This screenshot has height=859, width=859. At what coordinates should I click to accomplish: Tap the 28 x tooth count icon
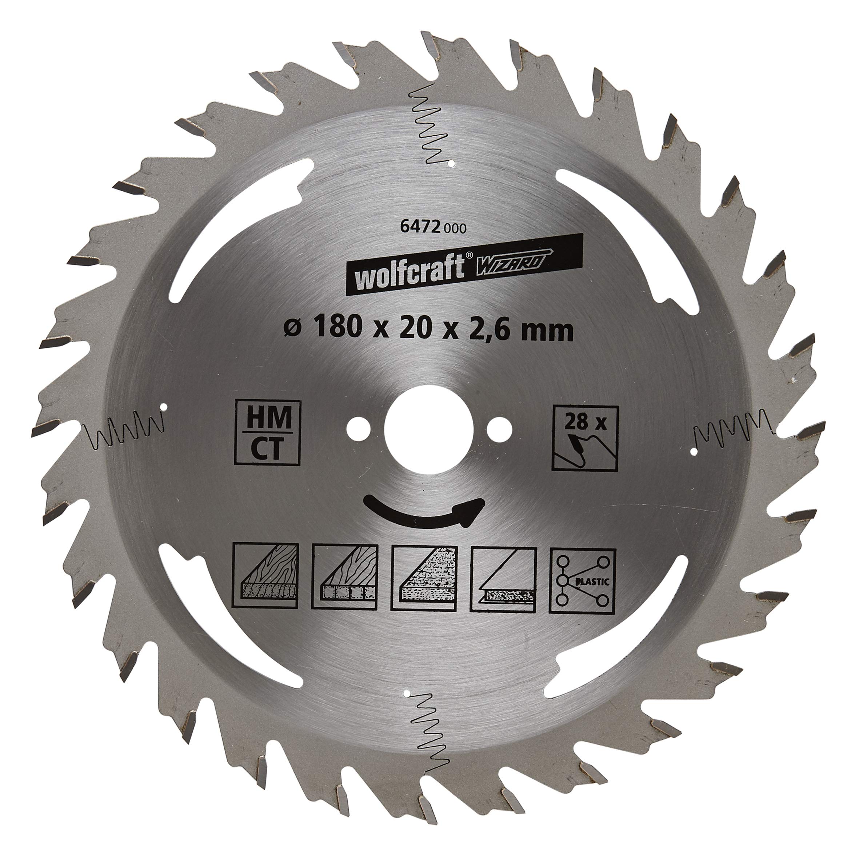pos(585,438)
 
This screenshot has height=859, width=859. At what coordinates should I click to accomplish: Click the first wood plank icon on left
pos(266,577)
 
